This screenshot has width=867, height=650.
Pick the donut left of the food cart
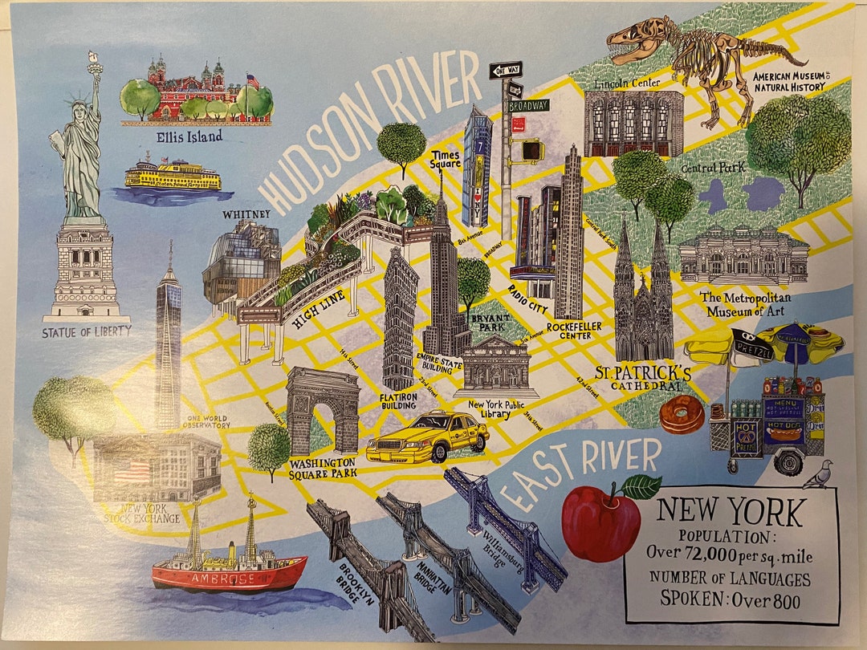[682, 415]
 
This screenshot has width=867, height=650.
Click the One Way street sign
[506, 70]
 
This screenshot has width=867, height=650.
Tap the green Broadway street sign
[527, 105]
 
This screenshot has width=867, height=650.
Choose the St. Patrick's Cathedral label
[643, 378]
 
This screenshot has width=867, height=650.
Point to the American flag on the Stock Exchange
[132, 471]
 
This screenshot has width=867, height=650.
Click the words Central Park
[713, 168]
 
